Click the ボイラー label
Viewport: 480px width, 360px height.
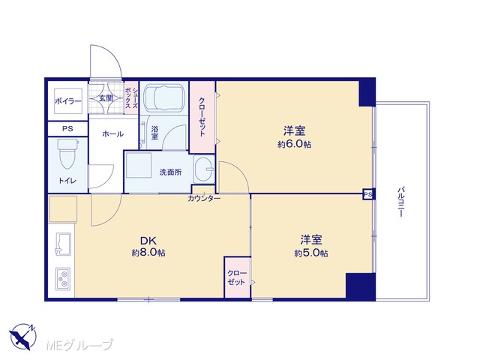point(68,101)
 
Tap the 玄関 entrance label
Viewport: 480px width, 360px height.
point(106,98)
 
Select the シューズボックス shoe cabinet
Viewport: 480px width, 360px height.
point(132,98)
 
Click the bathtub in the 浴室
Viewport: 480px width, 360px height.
point(164,98)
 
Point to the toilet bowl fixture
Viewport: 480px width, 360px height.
point(68,154)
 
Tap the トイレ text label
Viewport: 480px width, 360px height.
point(67,181)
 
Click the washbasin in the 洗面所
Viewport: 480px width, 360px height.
point(203,169)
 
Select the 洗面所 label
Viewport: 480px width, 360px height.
point(170,172)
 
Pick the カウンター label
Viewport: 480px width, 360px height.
point(204,199)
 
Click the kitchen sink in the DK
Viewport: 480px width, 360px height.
point(63,244)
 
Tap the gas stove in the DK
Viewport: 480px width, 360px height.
point(63,279)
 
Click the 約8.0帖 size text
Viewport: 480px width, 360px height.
point(148,253)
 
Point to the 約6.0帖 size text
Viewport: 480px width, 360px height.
point(294,144)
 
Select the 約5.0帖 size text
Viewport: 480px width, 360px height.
point(311,253)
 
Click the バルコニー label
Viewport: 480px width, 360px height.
point(400,202)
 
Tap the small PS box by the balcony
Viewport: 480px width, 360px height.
point(368,194)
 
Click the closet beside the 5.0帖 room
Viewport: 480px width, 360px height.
point(238,277)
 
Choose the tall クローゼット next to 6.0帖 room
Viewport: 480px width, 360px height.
point(202,117)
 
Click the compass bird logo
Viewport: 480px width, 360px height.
point(23,337)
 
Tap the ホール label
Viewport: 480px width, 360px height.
point(112,133)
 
